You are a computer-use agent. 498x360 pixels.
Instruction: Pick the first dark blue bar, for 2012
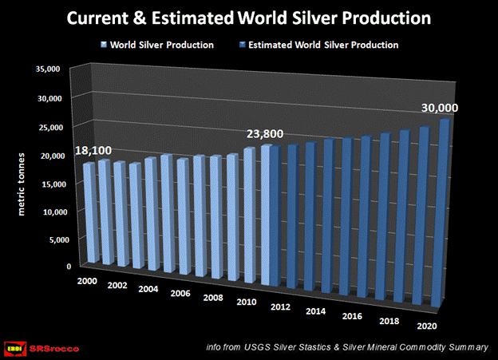pos(275,216)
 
